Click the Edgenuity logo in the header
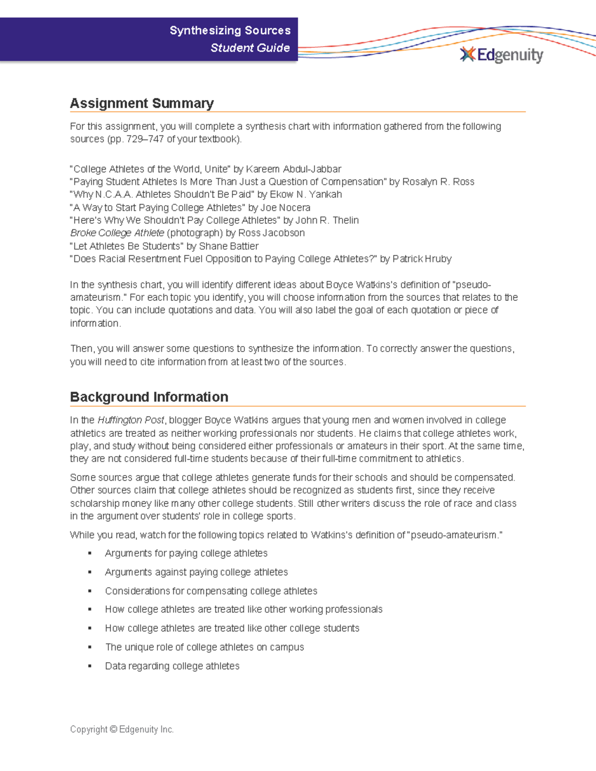coord(502,55)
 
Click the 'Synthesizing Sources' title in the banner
coord(230,30)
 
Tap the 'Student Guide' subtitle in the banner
coord(250,48)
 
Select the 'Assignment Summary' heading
coord(142,103)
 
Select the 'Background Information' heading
coord(149,397)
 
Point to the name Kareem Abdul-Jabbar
coord(294,169)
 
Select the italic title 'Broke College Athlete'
coord(117,233)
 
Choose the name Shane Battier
coord(228,246)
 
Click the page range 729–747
coord(145,140)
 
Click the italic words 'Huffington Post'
coord(131,420)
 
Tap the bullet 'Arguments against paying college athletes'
coord(196,572)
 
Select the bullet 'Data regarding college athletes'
coord(172,666)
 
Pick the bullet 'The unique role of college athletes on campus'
coord(204,647)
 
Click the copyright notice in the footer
coord(122,729)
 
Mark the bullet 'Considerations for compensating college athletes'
coord(211,591)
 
